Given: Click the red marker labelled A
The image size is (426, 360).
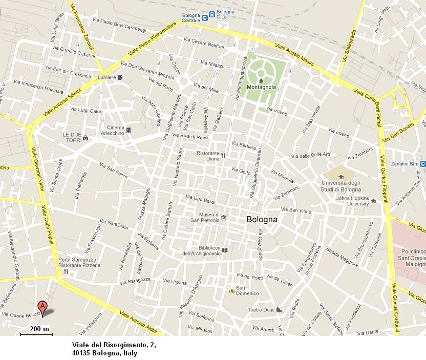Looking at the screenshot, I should pyautogui.click(x=44, y=308).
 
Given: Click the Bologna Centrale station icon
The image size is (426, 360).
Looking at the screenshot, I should pyautogui.click(x=205, y=17).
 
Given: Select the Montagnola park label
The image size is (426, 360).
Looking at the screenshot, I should pyautogui.click(x=261, y=87).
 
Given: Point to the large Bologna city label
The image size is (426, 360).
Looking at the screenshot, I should pyautogui.click(x=262, y=220).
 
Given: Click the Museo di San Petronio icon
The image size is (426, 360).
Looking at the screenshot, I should pyautogui.click(x=224, y=218).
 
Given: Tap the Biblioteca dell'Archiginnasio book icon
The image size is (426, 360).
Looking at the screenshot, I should pyautogui.click(x=224, y=250).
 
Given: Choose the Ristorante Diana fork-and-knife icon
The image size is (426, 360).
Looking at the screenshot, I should pyautogui.click(x=224, y=156).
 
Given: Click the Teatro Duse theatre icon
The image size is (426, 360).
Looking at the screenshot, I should pyautogui.click(x=278, y=310).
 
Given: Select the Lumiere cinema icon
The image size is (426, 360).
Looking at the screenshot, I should pyautogui.click(x=120, y=77).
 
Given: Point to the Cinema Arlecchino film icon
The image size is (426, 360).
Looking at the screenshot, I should pyautogui.click(x=128, y=131).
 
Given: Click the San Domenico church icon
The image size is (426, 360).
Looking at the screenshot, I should pyautogui.click(x=231, y=291).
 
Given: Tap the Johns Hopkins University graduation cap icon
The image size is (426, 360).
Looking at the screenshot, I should pyautogui.click(x=373, y=201).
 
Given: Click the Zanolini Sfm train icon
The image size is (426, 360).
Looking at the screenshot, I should pyautogui.click(x=422, y=164).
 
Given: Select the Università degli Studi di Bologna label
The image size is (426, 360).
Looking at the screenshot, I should pyautogui.click(x=342, y=186).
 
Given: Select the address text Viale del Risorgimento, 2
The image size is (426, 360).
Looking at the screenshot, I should pyautogui.click(x=113, y=344).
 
